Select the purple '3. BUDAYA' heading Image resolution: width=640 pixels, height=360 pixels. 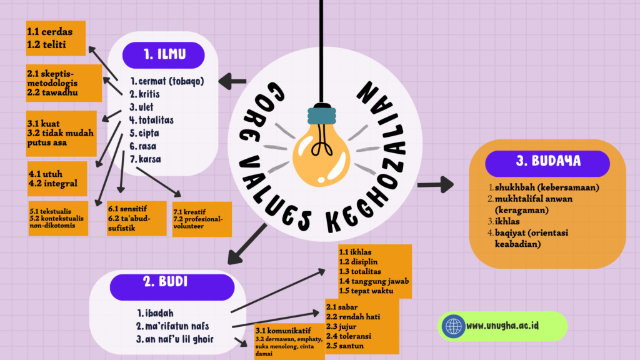(547, 161)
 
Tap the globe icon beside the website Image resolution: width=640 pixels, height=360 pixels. (452, 326)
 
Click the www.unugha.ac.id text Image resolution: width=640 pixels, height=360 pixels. (504, 326)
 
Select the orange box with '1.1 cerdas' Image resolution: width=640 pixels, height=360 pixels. (55, 38)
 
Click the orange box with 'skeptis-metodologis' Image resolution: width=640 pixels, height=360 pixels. (63, 82)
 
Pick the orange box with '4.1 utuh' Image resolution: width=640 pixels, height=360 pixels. (57, 178)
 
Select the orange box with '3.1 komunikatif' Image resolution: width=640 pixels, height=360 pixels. (289, 341)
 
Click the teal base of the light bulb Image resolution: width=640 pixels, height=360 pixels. (320, 116)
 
